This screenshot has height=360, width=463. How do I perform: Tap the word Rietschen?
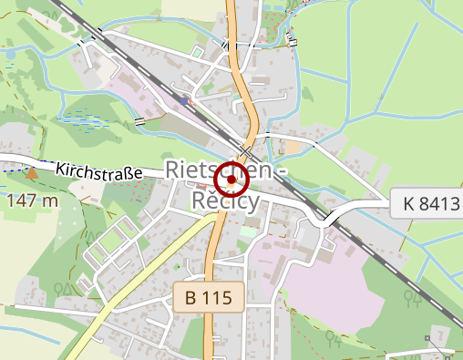pyautogui.click(x=218, y=170)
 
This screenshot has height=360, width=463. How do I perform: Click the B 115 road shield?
pyautogui.click(x=210, y=296)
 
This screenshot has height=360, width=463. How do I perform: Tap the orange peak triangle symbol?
pyautogui.click(x=33, y=171)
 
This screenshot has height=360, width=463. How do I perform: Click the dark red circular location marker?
pyautogui.click(x=231, y=180)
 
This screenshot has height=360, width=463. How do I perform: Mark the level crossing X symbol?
pyautogui.click(x=246, y=149)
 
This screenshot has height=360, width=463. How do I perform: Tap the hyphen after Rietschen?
pyautogui.click(x=282, y=170)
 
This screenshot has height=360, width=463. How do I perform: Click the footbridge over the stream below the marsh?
pyautogui.click(x=139, y=120)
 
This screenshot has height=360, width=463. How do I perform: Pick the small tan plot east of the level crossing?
pyautogui.click(x=293, y=147)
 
